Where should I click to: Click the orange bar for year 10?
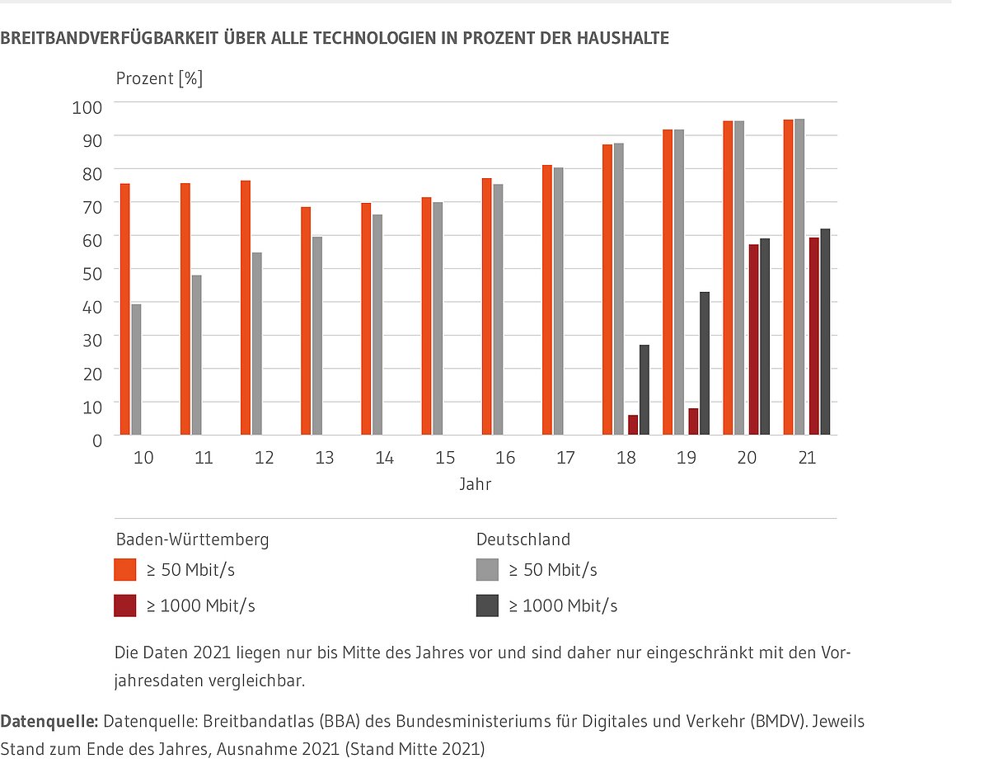125,308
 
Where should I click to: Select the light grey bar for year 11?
196,355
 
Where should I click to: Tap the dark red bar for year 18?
633,425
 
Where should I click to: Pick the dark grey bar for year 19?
705,363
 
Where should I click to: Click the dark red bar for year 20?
753,339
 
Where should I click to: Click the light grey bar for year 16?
498,309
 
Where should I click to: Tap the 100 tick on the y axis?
87,106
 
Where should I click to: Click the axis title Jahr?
476,485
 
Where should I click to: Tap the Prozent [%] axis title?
159,79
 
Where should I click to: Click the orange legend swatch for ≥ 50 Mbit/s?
125,570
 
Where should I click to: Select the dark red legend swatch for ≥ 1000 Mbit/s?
125,605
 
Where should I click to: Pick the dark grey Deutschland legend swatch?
487,605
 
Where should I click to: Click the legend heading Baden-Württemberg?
192,539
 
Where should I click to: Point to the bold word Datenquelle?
49,722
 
